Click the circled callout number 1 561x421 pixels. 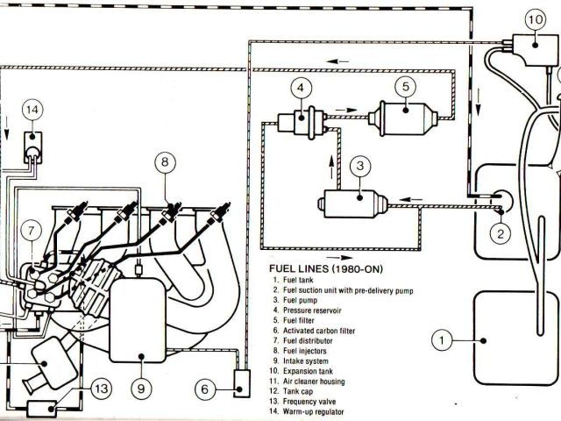[444, 337]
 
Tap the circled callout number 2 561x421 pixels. [499, 232]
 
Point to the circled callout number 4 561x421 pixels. [301, 88]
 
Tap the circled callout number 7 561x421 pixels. [32, 232]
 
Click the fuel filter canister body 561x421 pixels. [403, 118]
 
